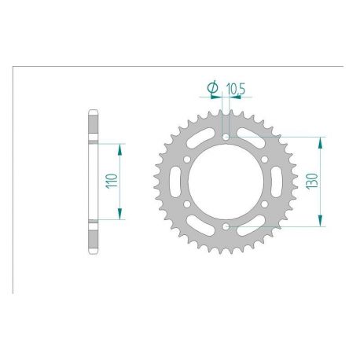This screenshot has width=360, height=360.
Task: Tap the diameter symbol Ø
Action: click(213, 87)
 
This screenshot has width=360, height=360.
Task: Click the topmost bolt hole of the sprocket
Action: click(226, 138)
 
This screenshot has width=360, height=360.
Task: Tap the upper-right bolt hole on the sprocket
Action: click(265, 160)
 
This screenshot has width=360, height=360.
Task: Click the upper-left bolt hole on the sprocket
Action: click(187, 160)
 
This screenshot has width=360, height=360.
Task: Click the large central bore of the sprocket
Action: click(226, 182)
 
